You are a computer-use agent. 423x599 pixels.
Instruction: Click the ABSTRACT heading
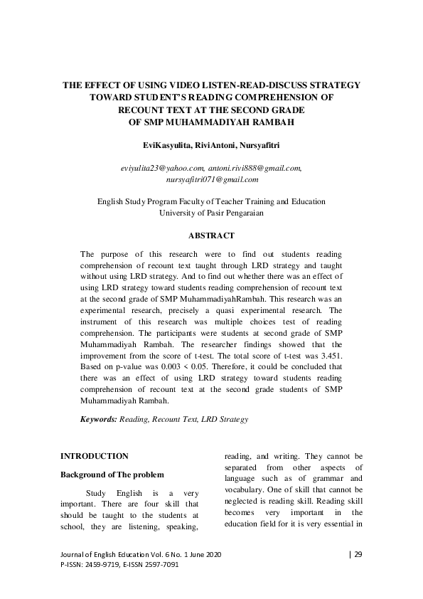coord(211,235)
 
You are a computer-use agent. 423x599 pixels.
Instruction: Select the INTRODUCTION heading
coord(95,455)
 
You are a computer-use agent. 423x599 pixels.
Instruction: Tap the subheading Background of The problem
coord(112,475)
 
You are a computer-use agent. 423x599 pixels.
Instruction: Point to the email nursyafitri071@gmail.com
coord(211,181)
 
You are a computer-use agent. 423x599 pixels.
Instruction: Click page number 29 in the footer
coord(358,554)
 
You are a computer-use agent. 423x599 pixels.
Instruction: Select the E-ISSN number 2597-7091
coord(159,564)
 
